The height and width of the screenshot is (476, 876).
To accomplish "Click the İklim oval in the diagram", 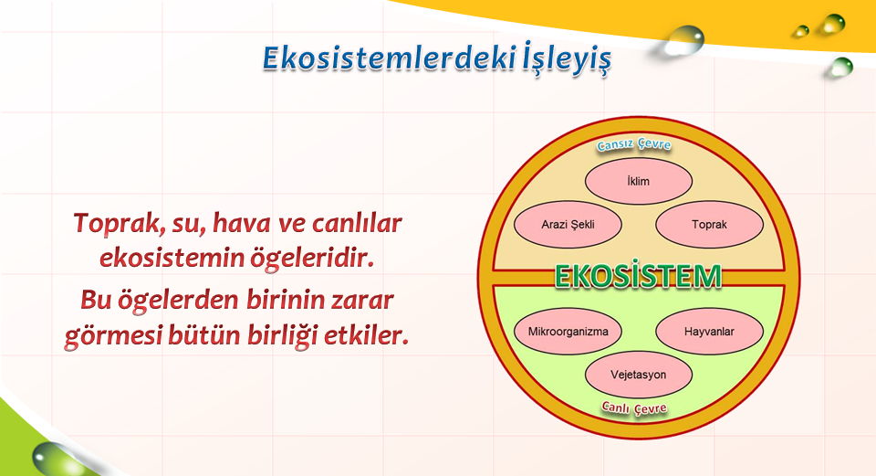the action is click(639, 181).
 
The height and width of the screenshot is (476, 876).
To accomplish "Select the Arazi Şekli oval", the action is click(568, 225).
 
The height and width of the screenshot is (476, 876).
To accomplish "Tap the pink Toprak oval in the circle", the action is click(710, 225).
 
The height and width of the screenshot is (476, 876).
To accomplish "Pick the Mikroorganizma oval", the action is click(568, 331).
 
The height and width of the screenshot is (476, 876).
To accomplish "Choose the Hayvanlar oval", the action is click(710, 331).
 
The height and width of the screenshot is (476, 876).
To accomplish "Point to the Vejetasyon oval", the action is click(639, 375).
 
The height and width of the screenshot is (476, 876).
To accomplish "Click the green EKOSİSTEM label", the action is click(639, 276).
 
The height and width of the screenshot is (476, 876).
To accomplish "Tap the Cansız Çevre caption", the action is click(634, 144).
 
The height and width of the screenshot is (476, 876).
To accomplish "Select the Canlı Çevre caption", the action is click(634, 407).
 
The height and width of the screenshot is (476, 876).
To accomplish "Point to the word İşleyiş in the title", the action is click(567, 59).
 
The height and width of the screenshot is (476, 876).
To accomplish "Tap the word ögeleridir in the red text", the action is click(312, 259).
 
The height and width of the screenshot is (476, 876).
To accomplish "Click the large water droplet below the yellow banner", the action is click(682, 40).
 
